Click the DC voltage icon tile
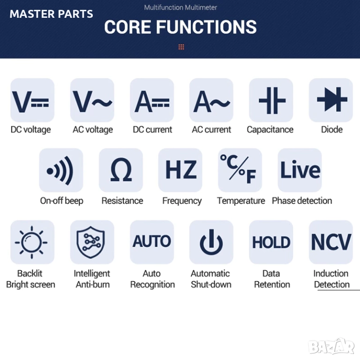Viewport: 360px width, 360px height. click(x=32, y=100)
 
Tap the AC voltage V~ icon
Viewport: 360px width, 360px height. click(x=92, y=100)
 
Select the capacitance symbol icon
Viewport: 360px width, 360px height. click(x=271, y=100)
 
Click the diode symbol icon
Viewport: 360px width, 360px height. click(x=331, y=100)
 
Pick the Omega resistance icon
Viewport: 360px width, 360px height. click(x=121, y=171)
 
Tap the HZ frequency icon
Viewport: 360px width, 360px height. click(x=180, y=171)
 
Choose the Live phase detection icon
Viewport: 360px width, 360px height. click(x=300, y=171)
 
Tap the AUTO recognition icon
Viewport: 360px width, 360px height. click(x=151, y=242)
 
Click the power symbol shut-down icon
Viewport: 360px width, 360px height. click(x=211, y=242)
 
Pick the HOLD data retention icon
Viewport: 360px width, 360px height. click(x=271, y=242)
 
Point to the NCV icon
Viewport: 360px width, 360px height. click(x=331, y=242)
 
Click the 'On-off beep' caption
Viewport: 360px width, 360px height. click(x=61, y=201)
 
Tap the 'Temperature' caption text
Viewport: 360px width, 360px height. click(x=241, y=201)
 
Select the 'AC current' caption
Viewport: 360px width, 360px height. click(x=211, y=130)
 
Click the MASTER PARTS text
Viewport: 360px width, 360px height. click(x=52, y=14)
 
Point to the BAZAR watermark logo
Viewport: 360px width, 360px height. click(x=331, y=346)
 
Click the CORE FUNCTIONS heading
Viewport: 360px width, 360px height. click(x=180, y=27)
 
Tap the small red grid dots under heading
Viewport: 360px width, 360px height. click(x=181, y=47)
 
